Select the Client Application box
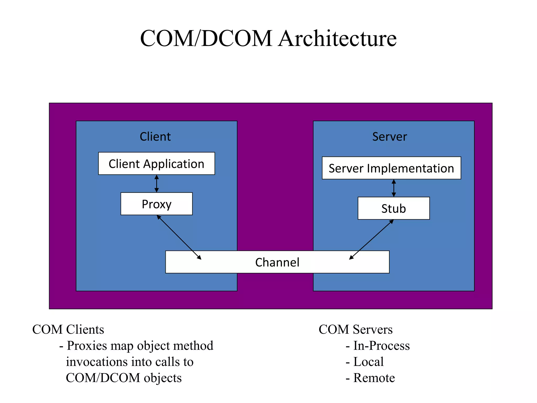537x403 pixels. pyautogui.click(x=157, y=164)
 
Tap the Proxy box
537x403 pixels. pyautogui.click(x=157, y=204)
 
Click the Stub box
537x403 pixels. pyautogui.click(x=394, y=209)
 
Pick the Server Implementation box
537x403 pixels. pyautogui.click(x=391, y=168)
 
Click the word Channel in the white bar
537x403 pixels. pyautogui.click(x=277, y=262)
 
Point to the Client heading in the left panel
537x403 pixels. pyautogui.click(x=155, y=137)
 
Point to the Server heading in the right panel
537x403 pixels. pyautogui.click(x=390, y=137)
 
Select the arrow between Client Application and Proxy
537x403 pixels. pyautogui.click(x=157, y=184)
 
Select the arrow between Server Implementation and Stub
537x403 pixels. pyautogui.click(x=394, y=188)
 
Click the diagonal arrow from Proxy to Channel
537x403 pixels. pyautogui.click(x=179, y=237)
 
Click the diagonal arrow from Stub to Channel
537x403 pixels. pyautogui.click(x=371, y=239)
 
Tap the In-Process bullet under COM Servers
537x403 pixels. pyautogui.click(x=381, y=346)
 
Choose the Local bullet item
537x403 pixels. pyautogui.click(x=368, y=362)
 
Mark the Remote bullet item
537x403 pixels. pyautogui.click(x=374, y=378)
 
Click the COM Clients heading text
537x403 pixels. pyautogui.click(x=68, y=330)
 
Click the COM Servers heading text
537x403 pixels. pyautogui.click(x=356, y=330)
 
